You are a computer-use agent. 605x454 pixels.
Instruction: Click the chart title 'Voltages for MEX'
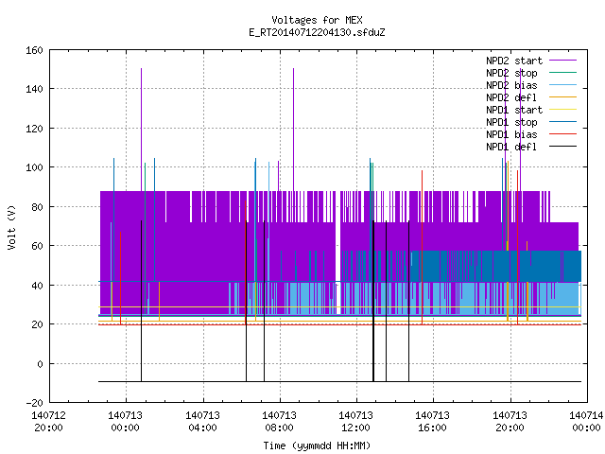[x=317, y=20]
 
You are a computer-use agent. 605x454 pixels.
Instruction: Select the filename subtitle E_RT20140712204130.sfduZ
[x=317, y=32]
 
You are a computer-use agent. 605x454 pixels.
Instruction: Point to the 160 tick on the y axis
[x=34, y=50]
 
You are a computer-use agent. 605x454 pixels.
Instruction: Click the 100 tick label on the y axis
[x=34, y=167]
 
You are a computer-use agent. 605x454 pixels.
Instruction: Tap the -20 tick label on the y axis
[x=34, y=403]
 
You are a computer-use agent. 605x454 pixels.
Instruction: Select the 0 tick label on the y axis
[x=40, y=363]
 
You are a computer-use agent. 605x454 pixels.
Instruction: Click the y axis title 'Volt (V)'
[x=11, y=227]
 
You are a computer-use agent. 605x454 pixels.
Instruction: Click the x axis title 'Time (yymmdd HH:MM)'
[x=317, y=445]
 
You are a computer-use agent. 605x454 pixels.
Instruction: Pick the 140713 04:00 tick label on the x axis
[x=202, y=422]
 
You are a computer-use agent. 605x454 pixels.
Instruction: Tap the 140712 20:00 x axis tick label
[x=48, y=422]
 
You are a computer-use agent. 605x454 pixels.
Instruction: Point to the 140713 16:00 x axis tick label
[x=433, y=422]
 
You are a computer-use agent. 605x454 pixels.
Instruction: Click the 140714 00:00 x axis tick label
[x=586, y=422]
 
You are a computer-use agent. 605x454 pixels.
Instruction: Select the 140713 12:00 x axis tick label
[x=355, y=422]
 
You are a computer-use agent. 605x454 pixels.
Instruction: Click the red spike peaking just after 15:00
[x=423, y=247]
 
